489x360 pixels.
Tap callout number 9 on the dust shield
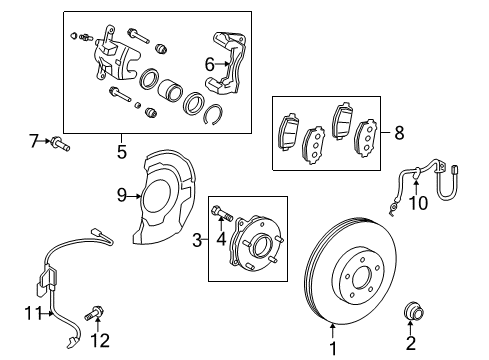[x=122, y=195]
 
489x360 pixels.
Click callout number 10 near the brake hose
[x=419, y=204]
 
